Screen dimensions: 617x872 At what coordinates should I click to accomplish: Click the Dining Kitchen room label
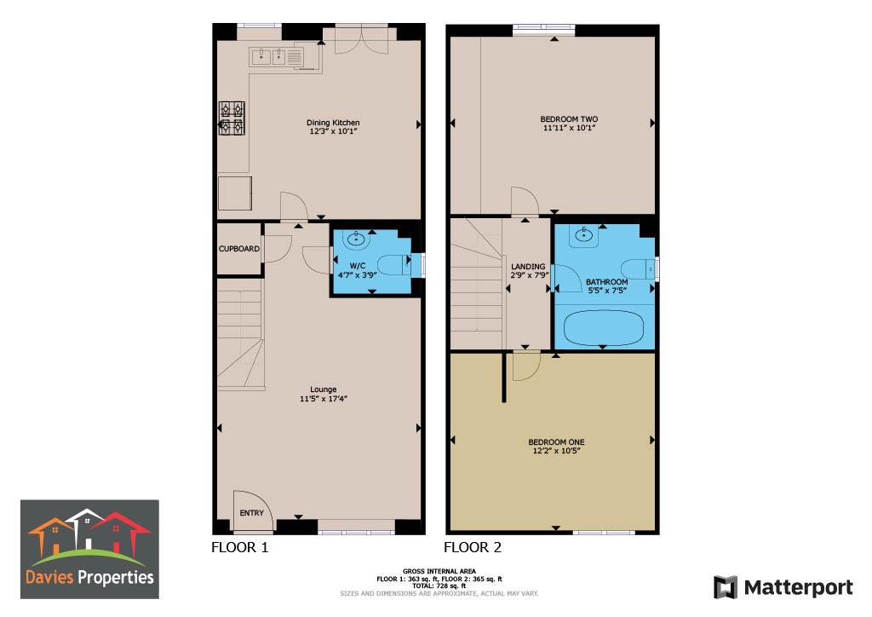[333, 123]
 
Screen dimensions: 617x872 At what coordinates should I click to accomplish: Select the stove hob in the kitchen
[232, 118]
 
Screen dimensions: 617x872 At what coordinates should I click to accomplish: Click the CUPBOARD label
[238, 249]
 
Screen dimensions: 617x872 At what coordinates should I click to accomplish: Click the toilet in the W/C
[394, 265]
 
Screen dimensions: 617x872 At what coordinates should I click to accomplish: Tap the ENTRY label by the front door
[252, 513]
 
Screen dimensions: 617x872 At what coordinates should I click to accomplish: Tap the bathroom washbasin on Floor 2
[585, 234]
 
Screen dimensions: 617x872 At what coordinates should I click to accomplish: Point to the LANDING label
[528, 267]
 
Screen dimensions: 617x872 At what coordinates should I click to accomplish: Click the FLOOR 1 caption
[239, 548]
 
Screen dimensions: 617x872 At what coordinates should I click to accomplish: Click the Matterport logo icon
[725, 587]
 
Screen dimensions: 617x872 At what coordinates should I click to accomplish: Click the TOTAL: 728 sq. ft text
[439, 585]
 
